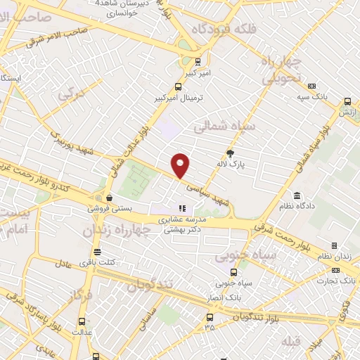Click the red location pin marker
[181, 165]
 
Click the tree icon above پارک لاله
[230, 153]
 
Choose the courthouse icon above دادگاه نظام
[297, 194]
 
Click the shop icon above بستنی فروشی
[108, 198]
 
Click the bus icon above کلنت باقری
[97, 252]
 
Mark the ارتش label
[346, 112]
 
